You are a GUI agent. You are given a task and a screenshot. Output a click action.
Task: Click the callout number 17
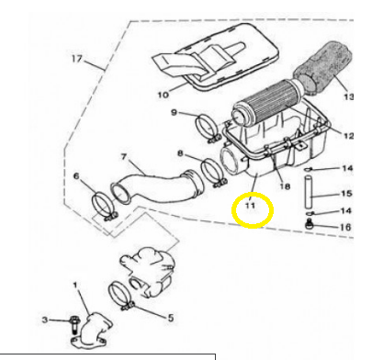pyautogui.click(x=77, y=58)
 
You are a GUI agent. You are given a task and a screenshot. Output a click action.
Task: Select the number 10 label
pyautogui.click(x=163, y=95)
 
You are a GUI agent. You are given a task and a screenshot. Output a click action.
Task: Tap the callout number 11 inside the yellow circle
pyautogui.click(x=250, y=205)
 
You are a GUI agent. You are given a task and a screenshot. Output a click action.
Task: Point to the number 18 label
pyautogui.click(x=285, y=186)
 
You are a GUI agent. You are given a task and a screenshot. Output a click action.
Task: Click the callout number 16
pyautogui.click(x=345, y=227)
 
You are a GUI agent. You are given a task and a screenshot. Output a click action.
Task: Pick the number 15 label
pyautogui.click(x=346, y=194)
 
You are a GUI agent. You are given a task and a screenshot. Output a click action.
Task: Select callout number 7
pyautogui.click(x=124, y=157)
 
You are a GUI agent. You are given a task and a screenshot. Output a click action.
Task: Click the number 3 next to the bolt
pyautogui.click(x=45, y=320)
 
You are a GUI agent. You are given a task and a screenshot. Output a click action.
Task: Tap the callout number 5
pyautogui.click(x=171, y=318)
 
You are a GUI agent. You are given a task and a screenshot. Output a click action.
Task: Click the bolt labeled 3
pyautogui.click(x=73, y=324)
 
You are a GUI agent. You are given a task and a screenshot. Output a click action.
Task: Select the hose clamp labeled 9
pyautogui.click(x=208, y=129)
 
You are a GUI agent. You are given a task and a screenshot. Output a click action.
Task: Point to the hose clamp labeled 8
pyautogui.click(x=214, y=173)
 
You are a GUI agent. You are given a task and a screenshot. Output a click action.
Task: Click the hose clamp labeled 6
pyautogui.click(x=105, y=206)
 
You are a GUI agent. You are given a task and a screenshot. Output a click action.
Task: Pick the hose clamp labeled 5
pyautogui.click(x=121, y=297)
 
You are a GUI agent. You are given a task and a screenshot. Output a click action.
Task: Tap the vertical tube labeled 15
pyautogui.click(x=308, y=192)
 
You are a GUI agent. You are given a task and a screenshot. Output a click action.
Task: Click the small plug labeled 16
pyautogui.click(x=310, y=224)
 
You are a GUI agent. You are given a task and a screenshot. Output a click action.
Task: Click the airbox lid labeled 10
pyautogui.click(x=216, y=58)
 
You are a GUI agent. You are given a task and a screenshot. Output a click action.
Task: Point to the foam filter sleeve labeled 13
pyautogui.click(x=323, y=67)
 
